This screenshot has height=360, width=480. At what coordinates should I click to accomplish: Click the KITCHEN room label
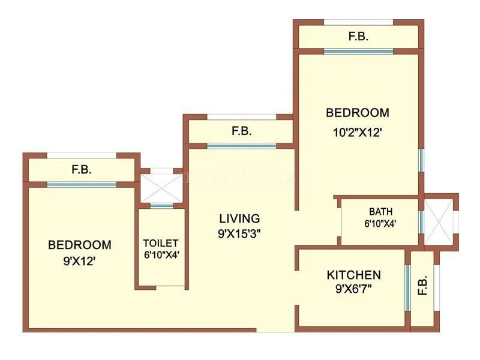coord(353,275)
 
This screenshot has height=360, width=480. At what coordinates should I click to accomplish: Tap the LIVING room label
coord(239,218)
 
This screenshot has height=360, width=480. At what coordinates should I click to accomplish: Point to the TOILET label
coord(160,243)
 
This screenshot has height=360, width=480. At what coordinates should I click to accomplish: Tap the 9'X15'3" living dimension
coord(239,233)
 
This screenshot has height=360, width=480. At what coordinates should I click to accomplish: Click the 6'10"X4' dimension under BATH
coord(380,224)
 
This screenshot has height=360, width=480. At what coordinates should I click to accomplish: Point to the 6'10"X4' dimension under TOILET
coord(160,254)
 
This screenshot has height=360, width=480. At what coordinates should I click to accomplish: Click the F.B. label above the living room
coord(242,131)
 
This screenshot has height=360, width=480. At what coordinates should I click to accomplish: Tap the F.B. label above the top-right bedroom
coord(358,37)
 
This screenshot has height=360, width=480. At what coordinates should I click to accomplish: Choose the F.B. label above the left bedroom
coord(82,170)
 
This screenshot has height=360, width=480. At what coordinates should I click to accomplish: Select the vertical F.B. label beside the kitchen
coord(422,287)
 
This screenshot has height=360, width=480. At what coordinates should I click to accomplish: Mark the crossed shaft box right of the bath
coord(441,220)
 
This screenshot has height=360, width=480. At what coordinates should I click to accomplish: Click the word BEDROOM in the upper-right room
coord(357,113)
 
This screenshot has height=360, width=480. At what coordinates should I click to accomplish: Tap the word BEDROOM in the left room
coord(79,245)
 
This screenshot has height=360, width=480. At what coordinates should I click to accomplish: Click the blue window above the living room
coord(241,146)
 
